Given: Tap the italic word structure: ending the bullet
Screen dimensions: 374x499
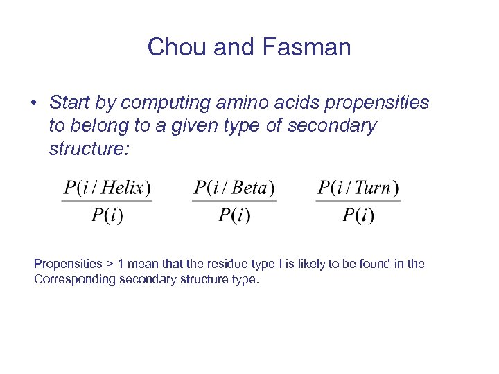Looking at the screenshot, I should click(89, 149).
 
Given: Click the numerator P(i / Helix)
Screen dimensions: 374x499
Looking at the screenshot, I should click(107, 188).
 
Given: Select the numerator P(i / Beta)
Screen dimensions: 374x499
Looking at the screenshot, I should click(234, 188).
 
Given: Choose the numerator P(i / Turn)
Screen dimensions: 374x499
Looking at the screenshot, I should click(358, 188).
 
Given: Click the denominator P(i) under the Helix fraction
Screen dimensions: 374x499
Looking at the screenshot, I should click(107, 215).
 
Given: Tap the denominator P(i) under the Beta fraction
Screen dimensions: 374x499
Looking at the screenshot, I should click(234, 215).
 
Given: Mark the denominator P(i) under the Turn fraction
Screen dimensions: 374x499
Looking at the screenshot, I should click(358, 215).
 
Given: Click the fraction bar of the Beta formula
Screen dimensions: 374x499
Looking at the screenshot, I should click(234, 202).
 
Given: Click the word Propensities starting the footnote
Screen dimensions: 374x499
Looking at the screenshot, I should click(67, 264).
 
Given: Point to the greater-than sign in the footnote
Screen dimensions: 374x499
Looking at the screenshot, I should click(110, 265).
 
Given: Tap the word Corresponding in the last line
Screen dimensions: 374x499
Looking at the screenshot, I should click(75, 280).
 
